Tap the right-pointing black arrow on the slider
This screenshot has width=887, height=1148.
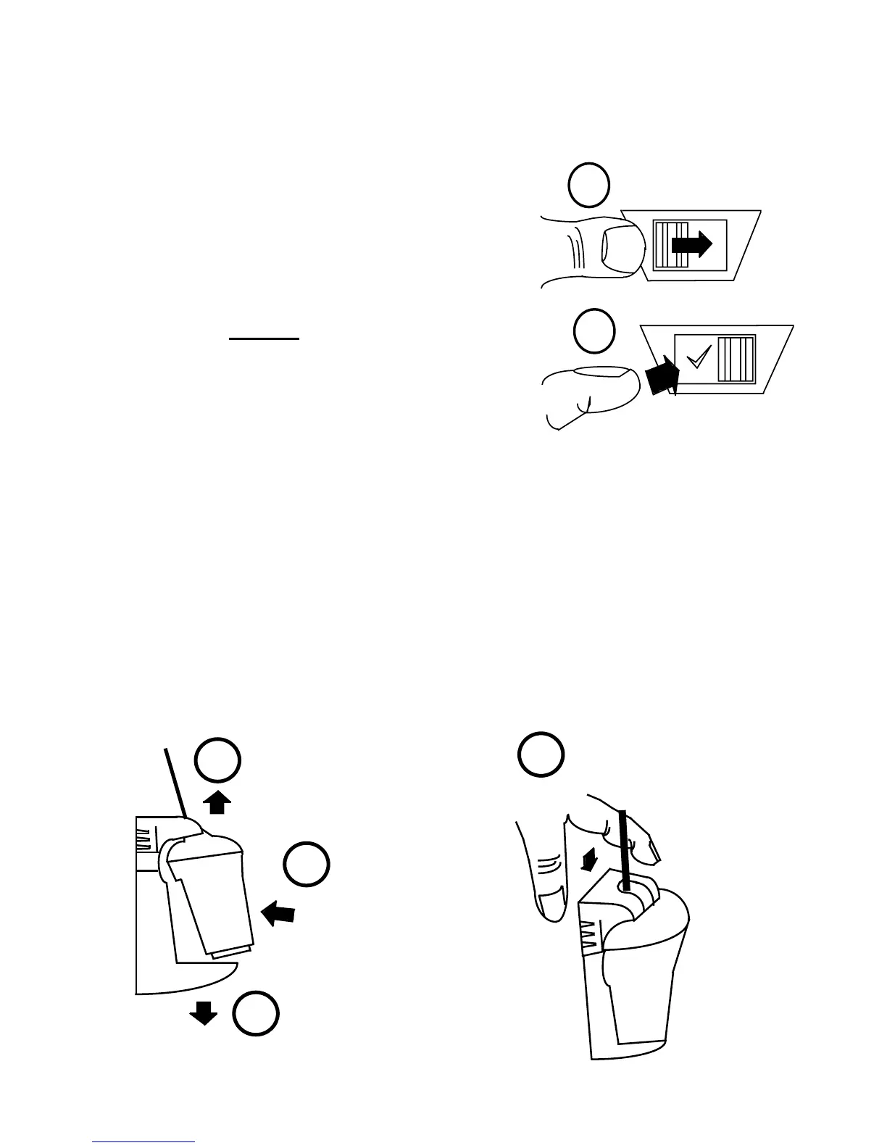point(692,246)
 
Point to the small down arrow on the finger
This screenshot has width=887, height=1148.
point(591,860)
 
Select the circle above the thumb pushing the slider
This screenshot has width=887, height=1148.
point(588,186)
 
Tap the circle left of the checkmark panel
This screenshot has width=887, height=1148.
point(594,331)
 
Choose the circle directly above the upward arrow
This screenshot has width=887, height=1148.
point(217,762)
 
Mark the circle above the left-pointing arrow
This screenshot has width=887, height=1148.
point(306,864)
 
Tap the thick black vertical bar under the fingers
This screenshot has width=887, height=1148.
point(624,848)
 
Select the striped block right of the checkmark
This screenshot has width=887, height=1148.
point(736,358)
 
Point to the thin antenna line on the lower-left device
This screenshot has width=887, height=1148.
point(176,783)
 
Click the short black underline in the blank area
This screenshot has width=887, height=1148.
point(265,338)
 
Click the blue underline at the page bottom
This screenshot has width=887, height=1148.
point(144,1142)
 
